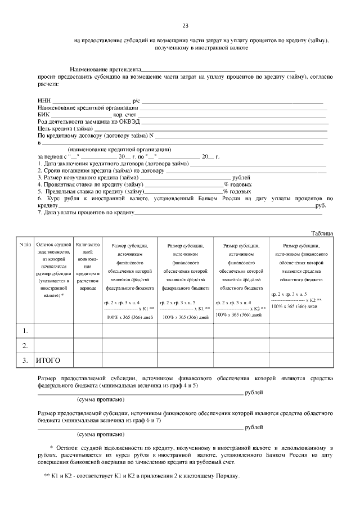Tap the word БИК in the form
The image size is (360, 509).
coord(44,114)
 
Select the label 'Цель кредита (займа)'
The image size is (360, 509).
coord(65,128)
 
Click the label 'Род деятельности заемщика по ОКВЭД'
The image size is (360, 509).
coord(88,121)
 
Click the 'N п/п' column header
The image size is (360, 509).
coord(25,245)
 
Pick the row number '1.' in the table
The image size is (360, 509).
coord(25,329)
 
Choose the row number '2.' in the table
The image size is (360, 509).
coord(25,345)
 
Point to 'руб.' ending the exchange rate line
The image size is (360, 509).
coord(321,206)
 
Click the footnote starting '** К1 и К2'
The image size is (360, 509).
coord(141,476)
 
